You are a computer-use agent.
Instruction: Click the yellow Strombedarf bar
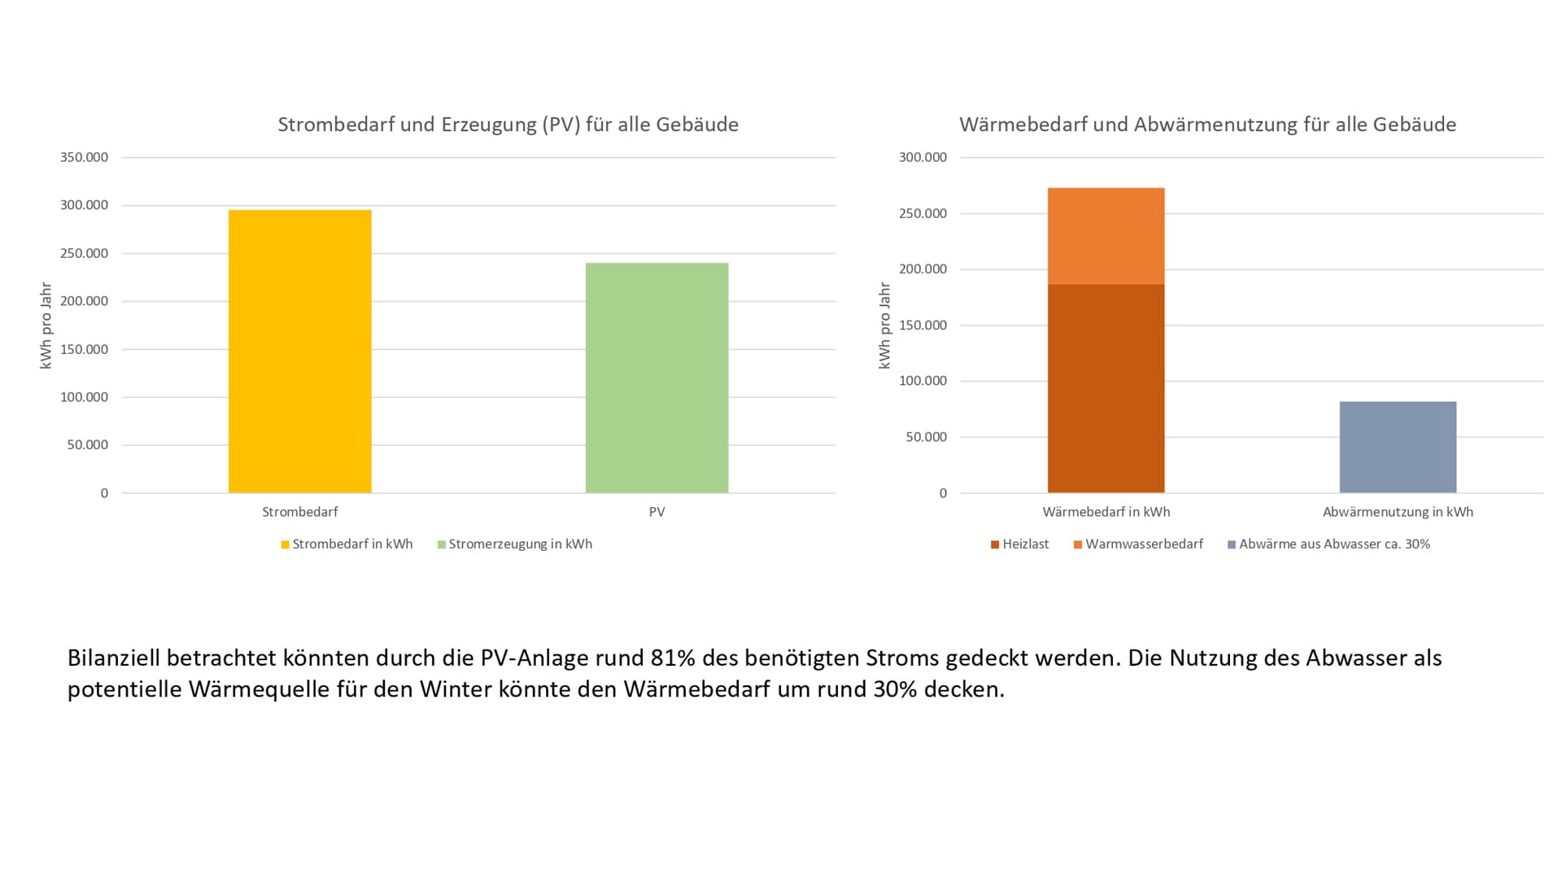299,352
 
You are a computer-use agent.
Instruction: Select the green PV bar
657,378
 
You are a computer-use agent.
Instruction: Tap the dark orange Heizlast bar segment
1106,388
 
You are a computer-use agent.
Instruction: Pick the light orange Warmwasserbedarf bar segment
1106,236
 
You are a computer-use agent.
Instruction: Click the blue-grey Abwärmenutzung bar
1398,447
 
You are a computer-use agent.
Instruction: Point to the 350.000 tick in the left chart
84,157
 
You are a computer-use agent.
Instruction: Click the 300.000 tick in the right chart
923,157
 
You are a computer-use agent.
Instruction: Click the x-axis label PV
657,512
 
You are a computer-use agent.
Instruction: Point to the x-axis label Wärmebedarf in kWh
1106,512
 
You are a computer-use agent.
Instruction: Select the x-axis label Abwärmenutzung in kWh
1398,512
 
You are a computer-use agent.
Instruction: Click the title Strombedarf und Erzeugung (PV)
508,125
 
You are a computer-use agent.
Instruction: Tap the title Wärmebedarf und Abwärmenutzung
1207,125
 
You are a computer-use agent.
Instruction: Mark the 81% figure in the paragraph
673,658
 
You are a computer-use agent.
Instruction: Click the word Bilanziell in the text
114,658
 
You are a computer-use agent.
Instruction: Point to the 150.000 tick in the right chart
923,325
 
